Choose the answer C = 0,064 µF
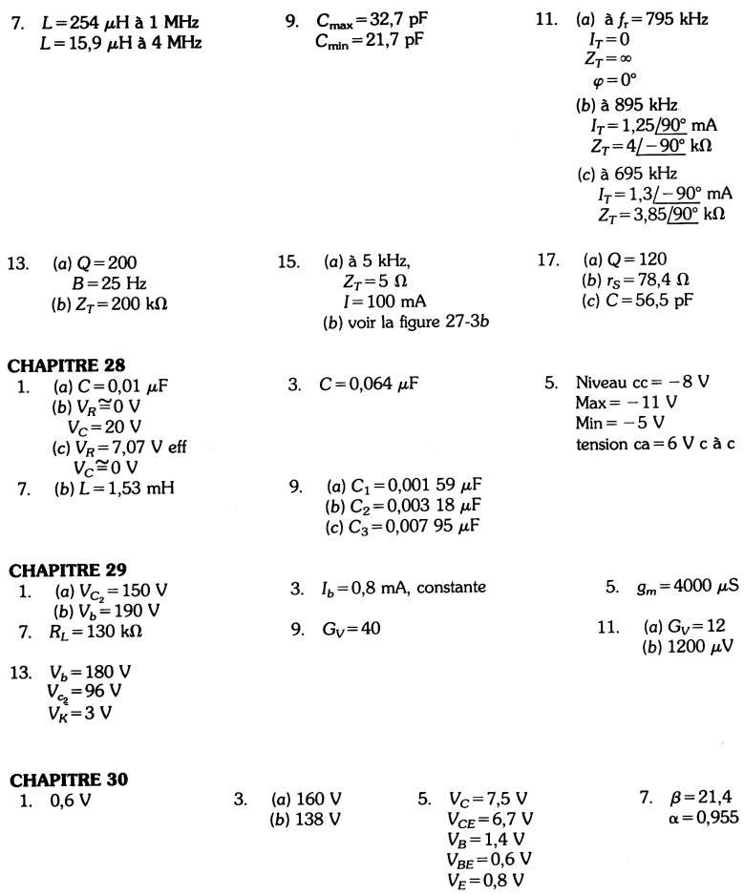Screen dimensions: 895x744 [x=370, y=385]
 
